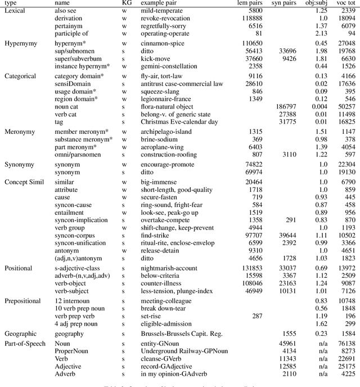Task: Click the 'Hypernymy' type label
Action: pos(21,43)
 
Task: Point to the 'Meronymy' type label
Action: pos(20,132)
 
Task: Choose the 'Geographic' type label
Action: pos(21,334)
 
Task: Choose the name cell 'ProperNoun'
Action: pos(72,350)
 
